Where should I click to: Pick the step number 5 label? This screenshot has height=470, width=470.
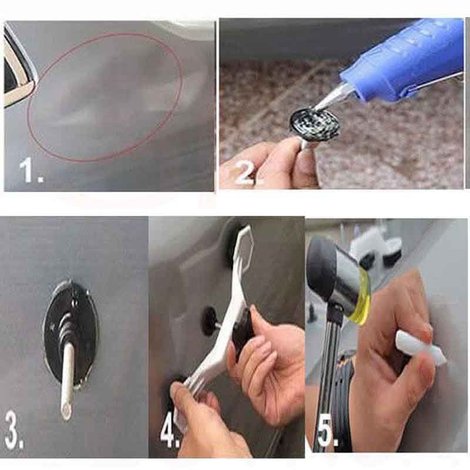[327, 433]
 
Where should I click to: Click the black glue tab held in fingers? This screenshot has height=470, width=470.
[314, 124]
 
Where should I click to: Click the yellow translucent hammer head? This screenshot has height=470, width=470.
[360, 297]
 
